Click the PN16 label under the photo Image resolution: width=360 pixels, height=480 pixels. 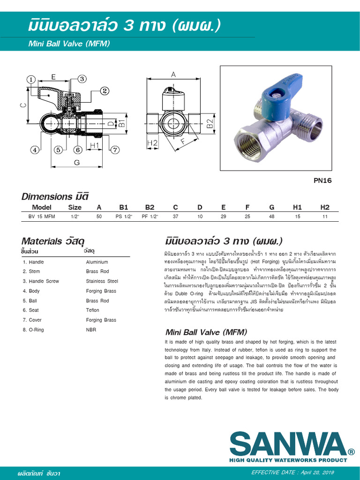click(322, 180)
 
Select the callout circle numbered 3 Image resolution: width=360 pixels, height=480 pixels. click(82, 79)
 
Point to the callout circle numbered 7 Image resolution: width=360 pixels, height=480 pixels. click(115, 150)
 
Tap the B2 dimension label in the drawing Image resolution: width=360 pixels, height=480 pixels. click(210, 124)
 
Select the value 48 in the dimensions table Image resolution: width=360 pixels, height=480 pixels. click(272, 217)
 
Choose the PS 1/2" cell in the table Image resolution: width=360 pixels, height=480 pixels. click(124, 217)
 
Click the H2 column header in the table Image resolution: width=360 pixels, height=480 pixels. click(325, 207)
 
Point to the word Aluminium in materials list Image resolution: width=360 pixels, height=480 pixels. click(97, 262)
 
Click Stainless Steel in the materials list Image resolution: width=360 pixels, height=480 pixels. click(102, 281)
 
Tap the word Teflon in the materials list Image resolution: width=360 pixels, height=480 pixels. click(93, 310)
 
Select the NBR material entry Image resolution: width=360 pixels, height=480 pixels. click(91, 330)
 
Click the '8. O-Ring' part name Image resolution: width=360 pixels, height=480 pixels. click(33, 330)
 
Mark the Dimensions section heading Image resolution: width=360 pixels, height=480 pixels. click(55, 196)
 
